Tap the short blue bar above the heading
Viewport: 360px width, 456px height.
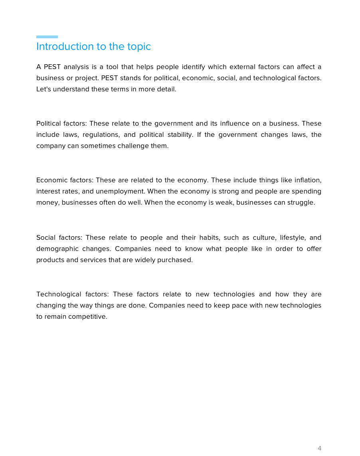(x=47, y=37)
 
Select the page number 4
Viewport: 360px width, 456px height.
(x=319, y=448)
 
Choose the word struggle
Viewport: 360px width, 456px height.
(x=301, y=202)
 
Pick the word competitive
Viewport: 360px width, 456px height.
(x=87, y=316)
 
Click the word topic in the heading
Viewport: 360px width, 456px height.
(x=139, y=47)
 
